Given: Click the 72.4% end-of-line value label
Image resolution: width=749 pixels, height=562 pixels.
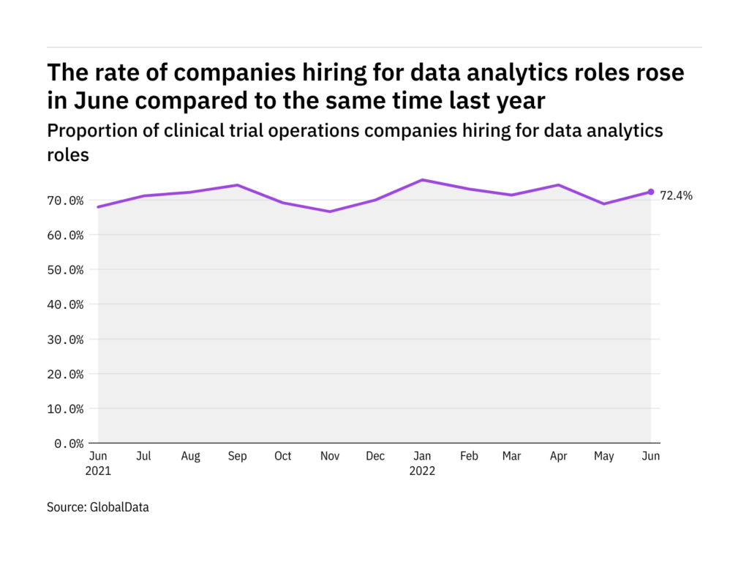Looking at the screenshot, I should coord(676,195).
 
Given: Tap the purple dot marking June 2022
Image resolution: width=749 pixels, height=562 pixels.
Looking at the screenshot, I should coord(650,192).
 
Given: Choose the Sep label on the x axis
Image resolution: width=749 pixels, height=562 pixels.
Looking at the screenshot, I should coord(237,456).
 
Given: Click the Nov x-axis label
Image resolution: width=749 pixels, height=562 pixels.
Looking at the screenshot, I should coord(329,456).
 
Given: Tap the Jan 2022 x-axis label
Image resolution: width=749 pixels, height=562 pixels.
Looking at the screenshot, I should coord(421,462).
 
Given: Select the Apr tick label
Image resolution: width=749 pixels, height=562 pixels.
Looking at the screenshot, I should coord(558,456).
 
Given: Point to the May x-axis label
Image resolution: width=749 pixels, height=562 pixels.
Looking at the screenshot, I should coord(604,456).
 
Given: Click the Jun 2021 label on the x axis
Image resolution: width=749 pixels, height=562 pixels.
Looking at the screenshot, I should coord(98,462).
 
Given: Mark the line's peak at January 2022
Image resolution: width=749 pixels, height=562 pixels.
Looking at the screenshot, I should coord(422,180).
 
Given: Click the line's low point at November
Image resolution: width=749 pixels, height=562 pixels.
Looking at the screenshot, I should coord(330,211).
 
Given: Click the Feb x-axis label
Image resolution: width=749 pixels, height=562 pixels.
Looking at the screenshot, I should coord(469,456).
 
